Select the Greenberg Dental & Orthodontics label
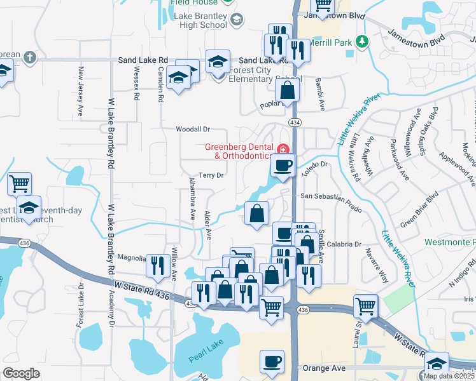[238, 151]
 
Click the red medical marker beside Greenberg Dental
[283, 149]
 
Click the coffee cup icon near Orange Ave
[272, 361]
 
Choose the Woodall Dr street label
[193, 129]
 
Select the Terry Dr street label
[211, 175]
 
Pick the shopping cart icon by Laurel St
[367, 305]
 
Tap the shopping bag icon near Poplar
[288, 91]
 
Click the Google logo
[21, 373]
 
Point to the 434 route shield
[297, 121]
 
